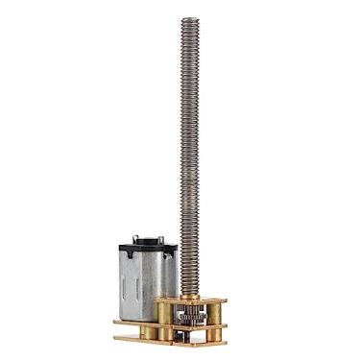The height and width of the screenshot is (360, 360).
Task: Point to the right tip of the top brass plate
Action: point(229,299)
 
